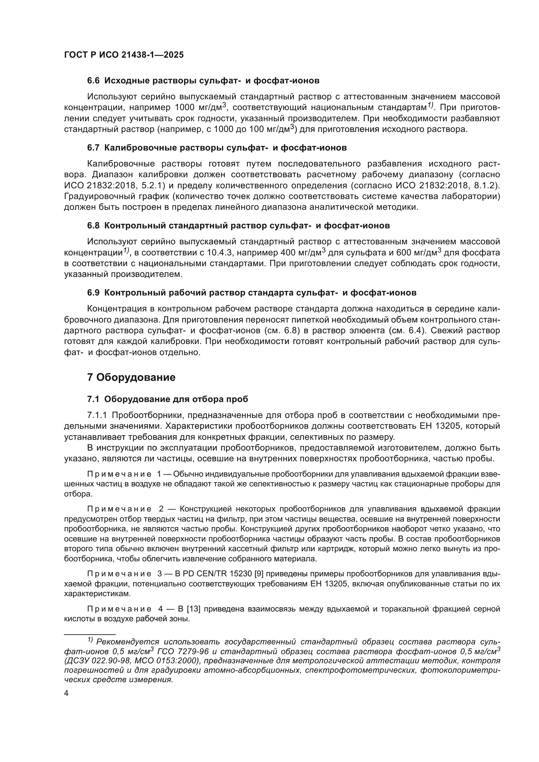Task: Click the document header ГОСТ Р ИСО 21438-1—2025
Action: [124, 55]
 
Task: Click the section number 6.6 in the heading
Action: [93, 81]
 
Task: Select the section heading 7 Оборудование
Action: [131, 377]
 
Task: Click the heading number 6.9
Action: [93, 293]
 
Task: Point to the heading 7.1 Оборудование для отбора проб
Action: [168, 399]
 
